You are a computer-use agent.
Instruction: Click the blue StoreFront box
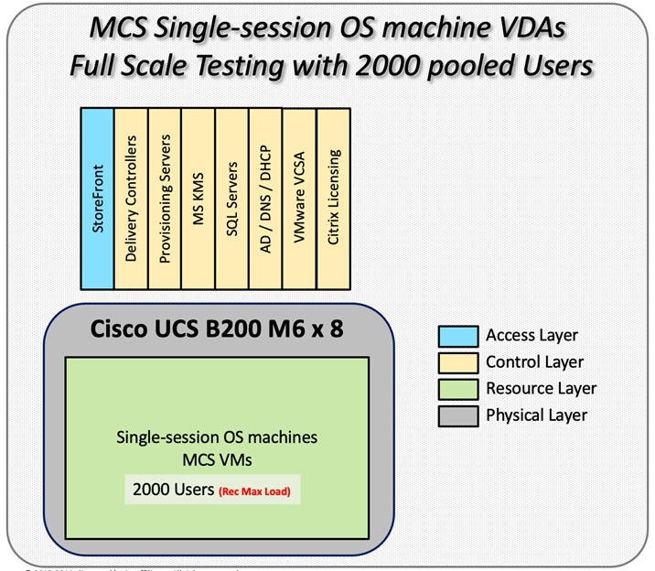pos(97,198)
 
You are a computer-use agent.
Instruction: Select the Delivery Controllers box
pos(131,198)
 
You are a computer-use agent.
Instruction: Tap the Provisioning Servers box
pos(165,198)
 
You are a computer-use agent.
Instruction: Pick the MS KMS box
pos(199,198)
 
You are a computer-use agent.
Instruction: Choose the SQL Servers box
pos(232,198)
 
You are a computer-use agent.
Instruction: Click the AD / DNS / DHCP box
pos(266,198)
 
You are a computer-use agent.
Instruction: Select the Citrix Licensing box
pos(334,198)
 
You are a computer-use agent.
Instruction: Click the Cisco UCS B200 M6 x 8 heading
pos(218,329)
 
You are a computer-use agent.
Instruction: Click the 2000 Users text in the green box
pos(171,490)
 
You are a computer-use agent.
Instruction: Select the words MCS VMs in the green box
pos(217,455)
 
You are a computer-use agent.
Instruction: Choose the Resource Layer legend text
pos(541,388)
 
